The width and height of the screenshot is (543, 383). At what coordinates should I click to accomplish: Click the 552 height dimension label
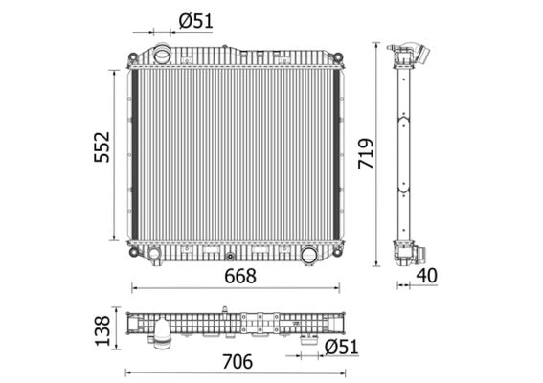pos(102,147)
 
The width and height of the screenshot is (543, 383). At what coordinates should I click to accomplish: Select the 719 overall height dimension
pos(366,152)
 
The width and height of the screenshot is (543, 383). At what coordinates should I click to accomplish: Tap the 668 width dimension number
pos(239,277)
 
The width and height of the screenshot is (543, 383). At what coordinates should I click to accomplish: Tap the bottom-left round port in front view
pos(152,254)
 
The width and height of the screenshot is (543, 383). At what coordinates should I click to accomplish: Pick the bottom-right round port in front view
pos(308,255)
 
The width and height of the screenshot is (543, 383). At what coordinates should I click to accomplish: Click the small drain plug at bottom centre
pos(230,256)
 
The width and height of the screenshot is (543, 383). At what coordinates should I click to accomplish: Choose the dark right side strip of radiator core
pos(336,153)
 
